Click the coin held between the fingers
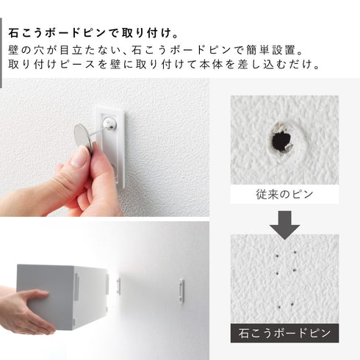click(84, 135)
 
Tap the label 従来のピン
click(283, 195)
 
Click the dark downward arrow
click(283, 223)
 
